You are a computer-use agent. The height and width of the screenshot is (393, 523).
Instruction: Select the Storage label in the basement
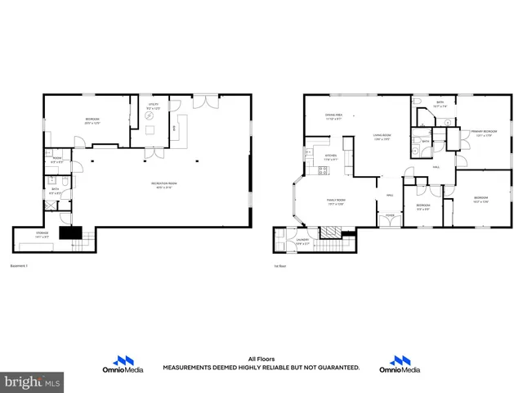click(x=42, y=234)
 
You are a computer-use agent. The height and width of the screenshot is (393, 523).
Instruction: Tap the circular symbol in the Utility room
click(x=150, y=117)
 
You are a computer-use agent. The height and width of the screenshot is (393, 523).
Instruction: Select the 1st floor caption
click(x=279, y=266)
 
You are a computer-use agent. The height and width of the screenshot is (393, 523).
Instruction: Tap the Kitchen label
click(x=331, y=157)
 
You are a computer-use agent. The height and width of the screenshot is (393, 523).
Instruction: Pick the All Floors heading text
click(x=261, y=359)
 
